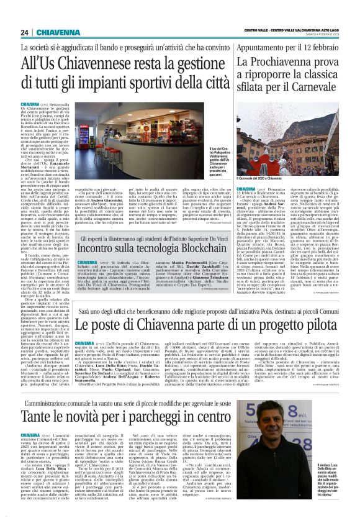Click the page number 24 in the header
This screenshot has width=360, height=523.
(24, 32)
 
